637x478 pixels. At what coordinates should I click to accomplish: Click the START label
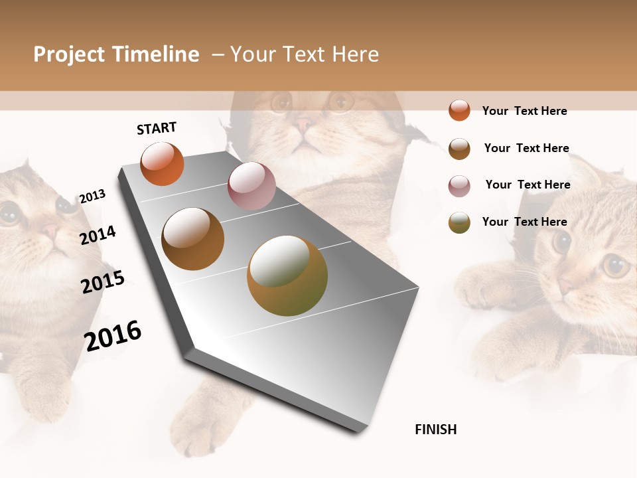coord(157,128)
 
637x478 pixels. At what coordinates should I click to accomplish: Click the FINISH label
coord(435,430)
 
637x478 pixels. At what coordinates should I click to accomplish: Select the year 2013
coord(92,197)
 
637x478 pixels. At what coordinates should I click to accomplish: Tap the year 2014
coord(98,235)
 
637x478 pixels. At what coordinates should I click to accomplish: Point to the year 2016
coord(113,335)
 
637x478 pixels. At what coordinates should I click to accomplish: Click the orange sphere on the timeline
coord(162,163)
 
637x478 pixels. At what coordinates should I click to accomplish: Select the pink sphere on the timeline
coord(251,186)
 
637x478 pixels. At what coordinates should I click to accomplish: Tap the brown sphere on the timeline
coord(192,239)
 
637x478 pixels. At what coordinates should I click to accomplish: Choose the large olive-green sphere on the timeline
coord(287,276)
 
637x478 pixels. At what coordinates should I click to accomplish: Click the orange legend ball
coord(459,110)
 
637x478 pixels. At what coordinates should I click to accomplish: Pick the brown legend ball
coord(459,149)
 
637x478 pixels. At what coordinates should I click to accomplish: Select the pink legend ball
coord(459,186)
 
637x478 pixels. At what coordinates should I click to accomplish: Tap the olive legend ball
coord(459,222)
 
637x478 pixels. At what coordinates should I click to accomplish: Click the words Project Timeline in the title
coord(116,54)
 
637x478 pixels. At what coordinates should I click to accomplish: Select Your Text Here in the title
coord(304,54)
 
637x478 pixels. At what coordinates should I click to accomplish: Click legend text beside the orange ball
coord(524,111)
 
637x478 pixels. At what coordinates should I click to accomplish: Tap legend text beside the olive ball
coord(524,222)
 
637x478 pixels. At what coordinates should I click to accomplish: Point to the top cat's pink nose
coord(305,123)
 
